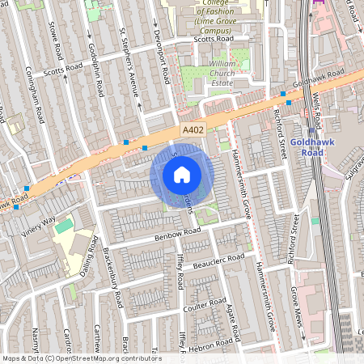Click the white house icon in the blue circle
(x=182, y=175)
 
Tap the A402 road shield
(x=193, y=129)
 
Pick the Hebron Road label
(x=212, y=337)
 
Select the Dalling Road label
(x=90, y=254)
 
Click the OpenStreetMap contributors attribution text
(x=81, y=358)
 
